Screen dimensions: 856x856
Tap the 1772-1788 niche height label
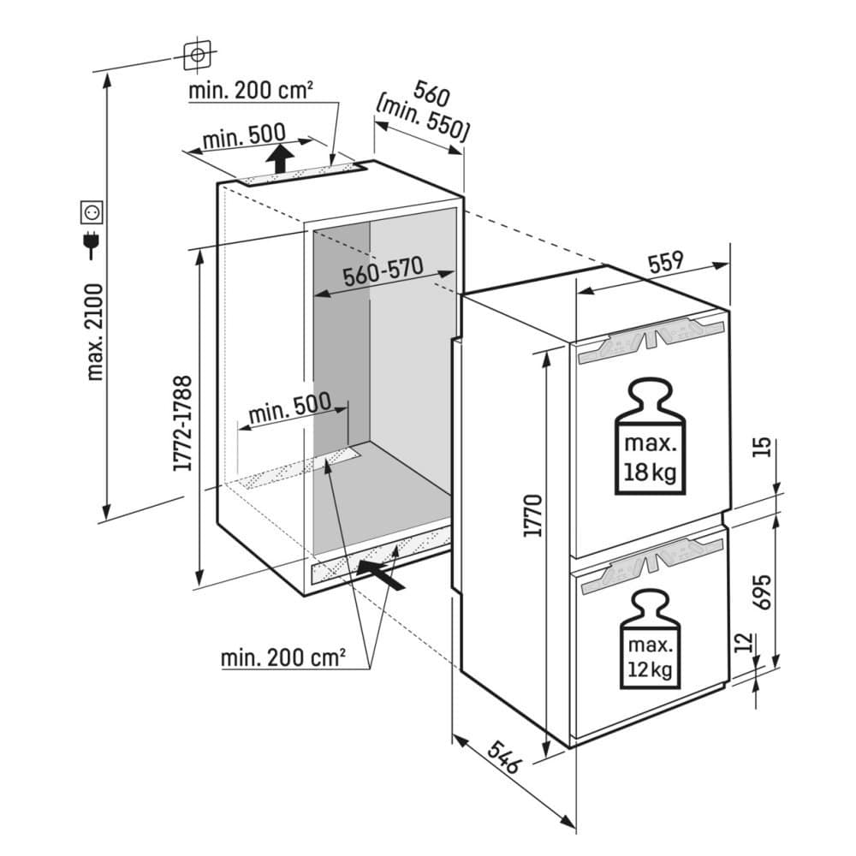point(181,423)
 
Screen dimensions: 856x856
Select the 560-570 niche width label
point(383,273)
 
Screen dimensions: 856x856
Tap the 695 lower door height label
point(763,590)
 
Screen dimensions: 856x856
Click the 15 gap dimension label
point(764,446)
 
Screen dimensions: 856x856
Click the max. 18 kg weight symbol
point(651,438)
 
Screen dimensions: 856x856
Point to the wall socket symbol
point(92,210)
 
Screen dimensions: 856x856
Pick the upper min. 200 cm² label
point(250,90)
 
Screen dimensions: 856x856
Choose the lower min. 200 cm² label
point(282,658)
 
